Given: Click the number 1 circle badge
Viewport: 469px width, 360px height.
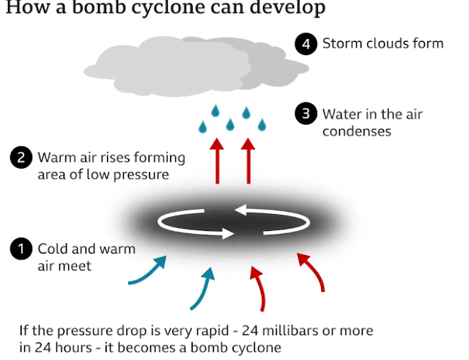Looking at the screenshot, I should [x=21, y=249].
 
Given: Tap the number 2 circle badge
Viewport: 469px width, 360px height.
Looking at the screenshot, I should [x=21, y=158].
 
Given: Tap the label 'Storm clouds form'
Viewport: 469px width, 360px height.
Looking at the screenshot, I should [x=383, y=44].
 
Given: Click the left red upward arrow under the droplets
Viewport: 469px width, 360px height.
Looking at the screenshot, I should [x=217, y=162].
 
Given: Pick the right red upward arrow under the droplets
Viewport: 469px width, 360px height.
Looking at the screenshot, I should [x=248, y=162].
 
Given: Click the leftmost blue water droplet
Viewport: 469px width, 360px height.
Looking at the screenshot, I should [x=203, y=128].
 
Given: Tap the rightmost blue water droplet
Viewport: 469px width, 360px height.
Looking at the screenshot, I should [x=262, y=126].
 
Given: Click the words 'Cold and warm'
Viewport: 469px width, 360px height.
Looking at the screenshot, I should [x=86, y=249].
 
